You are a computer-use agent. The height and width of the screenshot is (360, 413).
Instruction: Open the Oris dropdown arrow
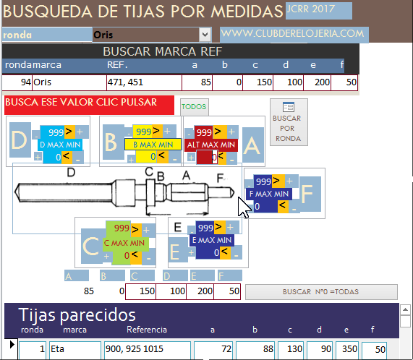tap(205, 35)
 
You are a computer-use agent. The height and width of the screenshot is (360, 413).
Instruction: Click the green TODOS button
tap(195, 106)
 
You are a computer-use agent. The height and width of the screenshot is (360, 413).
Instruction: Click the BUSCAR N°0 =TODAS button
tap(321, 291)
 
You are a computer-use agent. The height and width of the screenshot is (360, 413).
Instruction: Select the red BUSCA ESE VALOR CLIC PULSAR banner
tap(89, 105)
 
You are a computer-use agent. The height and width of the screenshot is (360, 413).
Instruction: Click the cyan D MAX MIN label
tap(60, 145)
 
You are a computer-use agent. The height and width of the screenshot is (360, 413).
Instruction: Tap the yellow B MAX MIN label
tap(153, 145)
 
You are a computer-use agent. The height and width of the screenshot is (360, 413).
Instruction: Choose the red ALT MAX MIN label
tap(211, 145)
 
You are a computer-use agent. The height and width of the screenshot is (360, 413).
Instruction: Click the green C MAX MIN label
tap(124, 243)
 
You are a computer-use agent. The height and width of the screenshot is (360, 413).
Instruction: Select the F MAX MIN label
tap(269, 194)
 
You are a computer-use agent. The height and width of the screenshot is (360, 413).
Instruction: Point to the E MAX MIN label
tap(212, 240)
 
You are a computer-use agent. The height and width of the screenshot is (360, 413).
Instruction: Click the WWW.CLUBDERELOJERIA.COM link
tap(292, 34)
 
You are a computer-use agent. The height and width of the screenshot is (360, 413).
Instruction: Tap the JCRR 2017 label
tap(310, 9)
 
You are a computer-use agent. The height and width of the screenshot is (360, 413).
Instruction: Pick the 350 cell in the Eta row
tap(347, 349)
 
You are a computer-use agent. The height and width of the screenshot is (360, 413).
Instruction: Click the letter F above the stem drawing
tap(220, 178)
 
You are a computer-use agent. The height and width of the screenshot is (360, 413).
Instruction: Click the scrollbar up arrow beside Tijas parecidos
tap(405, 309)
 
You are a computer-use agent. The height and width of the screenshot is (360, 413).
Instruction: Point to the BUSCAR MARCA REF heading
tap(163, 51)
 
